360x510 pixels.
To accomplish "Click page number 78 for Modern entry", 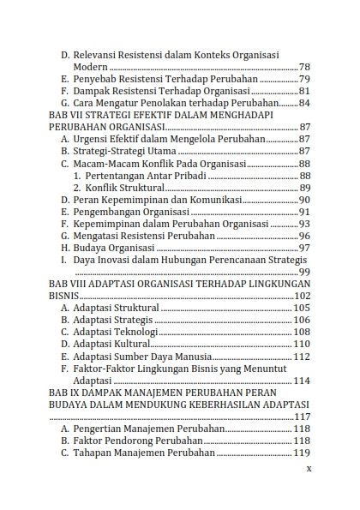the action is (x=303, y=67).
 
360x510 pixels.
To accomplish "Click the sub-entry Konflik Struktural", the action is (x=124, y=188).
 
